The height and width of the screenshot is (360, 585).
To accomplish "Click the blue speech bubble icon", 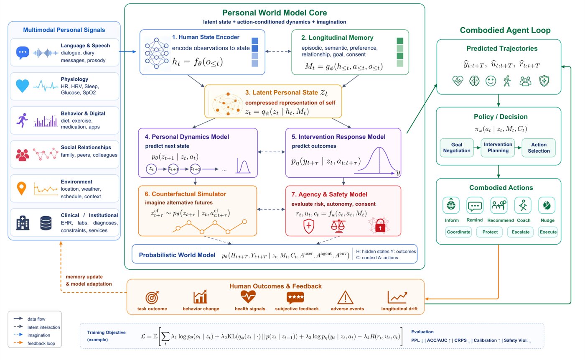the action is (23, 53).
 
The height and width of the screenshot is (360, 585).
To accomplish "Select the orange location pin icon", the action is (21, 188).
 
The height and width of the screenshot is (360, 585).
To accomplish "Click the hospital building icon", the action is (23, 223).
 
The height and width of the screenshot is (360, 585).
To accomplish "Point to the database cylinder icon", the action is (46, 223).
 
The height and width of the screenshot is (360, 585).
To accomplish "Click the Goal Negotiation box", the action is (456, 148).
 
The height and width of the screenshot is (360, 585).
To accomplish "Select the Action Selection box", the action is (539, 148).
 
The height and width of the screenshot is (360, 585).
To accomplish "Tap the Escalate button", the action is (520, 232).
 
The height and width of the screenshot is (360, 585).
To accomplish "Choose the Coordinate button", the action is (458, 232).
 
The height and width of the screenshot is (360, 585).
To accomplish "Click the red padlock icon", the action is (380, 225).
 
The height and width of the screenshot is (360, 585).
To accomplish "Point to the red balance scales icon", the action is (338, 226).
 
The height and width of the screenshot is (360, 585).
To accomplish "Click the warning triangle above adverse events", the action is (345, 297).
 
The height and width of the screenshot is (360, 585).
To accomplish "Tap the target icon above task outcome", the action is (152, 297).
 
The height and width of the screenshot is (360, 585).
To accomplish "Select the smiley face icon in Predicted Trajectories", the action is (491, 81).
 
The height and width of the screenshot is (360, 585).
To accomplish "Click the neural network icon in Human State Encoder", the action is (156, 53).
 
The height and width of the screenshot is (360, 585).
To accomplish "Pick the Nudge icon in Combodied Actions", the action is (547, 205).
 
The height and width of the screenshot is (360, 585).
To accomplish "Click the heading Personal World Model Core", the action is (275, 13).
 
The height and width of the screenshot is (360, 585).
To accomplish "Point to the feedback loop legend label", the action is (41, 343).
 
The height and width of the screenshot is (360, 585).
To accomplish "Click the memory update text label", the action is (84, 277).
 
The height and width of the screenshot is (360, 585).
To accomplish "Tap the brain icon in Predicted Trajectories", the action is (474, 81).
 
